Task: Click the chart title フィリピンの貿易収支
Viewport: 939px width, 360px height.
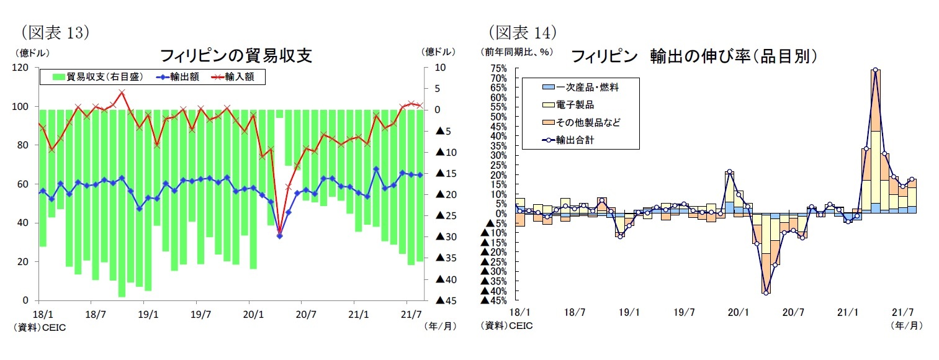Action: [x=236, y=56]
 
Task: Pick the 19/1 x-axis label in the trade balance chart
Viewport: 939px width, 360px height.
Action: [x=146, y=314]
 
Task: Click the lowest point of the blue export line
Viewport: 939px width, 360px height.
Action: [x=279, y=236]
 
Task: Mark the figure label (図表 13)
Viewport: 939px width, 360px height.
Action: [x=55, y=32]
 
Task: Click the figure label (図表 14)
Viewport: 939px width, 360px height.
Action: [x=521, y=32]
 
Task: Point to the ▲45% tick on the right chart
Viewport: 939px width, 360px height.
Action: [x=494, y=301]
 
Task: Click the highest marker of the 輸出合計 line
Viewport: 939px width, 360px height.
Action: [x=875, y=70]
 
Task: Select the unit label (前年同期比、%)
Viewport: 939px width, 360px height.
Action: [x=516, y=52]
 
